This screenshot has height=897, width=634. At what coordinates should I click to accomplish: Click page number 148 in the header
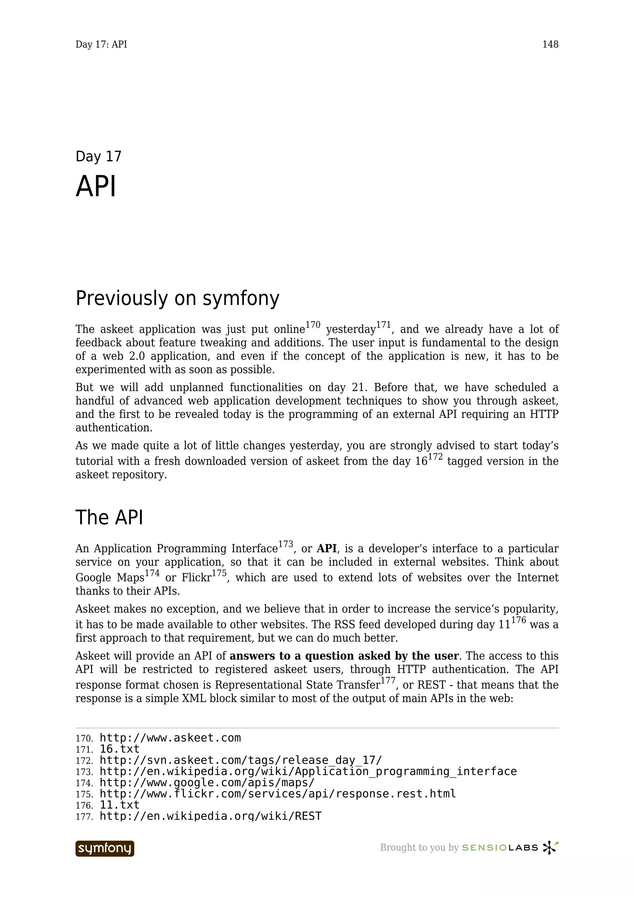tap(550, 45)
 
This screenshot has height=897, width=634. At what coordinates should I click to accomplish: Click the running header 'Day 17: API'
tap(101, 45)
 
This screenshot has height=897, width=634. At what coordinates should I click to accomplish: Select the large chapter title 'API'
tap(96, 187)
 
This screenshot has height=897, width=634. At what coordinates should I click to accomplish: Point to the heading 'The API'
tap(109, 517)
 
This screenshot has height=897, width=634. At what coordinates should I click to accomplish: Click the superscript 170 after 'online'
tap(313, 325)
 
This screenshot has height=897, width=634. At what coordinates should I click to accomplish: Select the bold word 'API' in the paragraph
tap(327, 548)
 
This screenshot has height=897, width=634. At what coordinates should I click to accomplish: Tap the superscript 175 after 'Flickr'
tap(219, 574)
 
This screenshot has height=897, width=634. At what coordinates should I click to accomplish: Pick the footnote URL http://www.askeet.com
tap(170, 738)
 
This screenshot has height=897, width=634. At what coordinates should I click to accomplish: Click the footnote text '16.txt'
tap(119, 749)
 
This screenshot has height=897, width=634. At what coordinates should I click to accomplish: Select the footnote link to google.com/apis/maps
tap(207, 783)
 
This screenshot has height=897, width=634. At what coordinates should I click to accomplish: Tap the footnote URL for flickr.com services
tap(278, 794)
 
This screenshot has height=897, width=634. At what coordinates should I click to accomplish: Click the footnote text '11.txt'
tap(119, 805)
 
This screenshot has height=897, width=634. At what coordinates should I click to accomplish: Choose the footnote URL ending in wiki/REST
tap(211, 816)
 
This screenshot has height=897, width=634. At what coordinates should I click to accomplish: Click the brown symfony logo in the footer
tap(105, 848)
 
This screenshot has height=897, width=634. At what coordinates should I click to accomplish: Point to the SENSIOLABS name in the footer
tap(500, 848)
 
